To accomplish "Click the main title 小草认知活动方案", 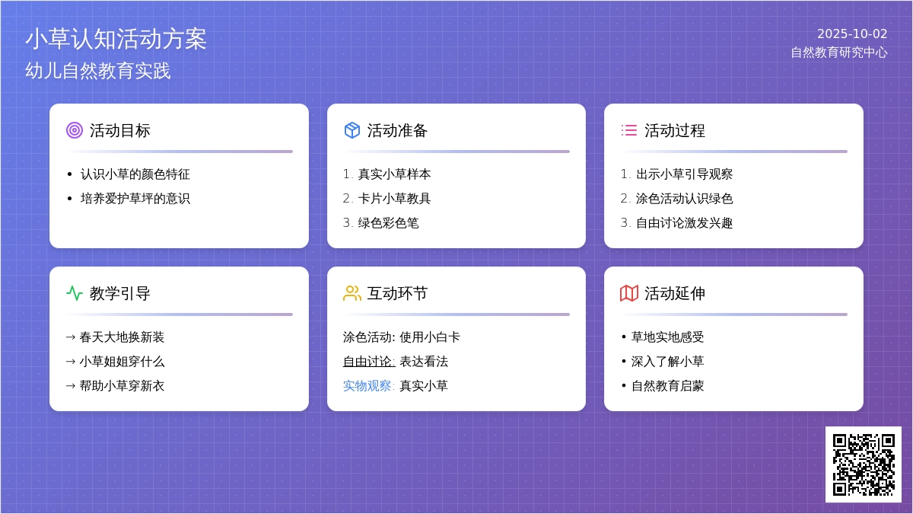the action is tap(116, 39).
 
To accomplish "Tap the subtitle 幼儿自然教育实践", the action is tap(98, 71).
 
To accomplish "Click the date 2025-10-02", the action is tap(852, 34).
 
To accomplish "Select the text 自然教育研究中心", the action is tap(838, 53).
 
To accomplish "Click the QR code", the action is tap(864, 465).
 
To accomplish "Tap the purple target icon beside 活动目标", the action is tap(75, 130).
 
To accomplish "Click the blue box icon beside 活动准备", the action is tap(352, 130).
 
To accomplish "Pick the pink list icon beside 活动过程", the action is tap(629, 130).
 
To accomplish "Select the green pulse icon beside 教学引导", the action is tap(75, 293).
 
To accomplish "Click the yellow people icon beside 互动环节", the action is tap(352, 293).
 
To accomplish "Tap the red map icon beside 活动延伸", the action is tap(629, 293).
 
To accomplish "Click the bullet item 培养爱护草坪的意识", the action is tap(135, 199).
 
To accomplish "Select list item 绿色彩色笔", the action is tap(389, 223).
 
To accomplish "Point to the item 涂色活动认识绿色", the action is tap(684, 199).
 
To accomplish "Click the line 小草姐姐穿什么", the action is tap(122, 362).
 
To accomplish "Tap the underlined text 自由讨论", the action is tap(369, 362).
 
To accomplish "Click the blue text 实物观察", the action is tap(367, 386).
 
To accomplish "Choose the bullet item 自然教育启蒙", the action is tap(668, 386).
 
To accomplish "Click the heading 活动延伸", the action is tap(675, 293).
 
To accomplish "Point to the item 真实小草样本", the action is tap(394, 174).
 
